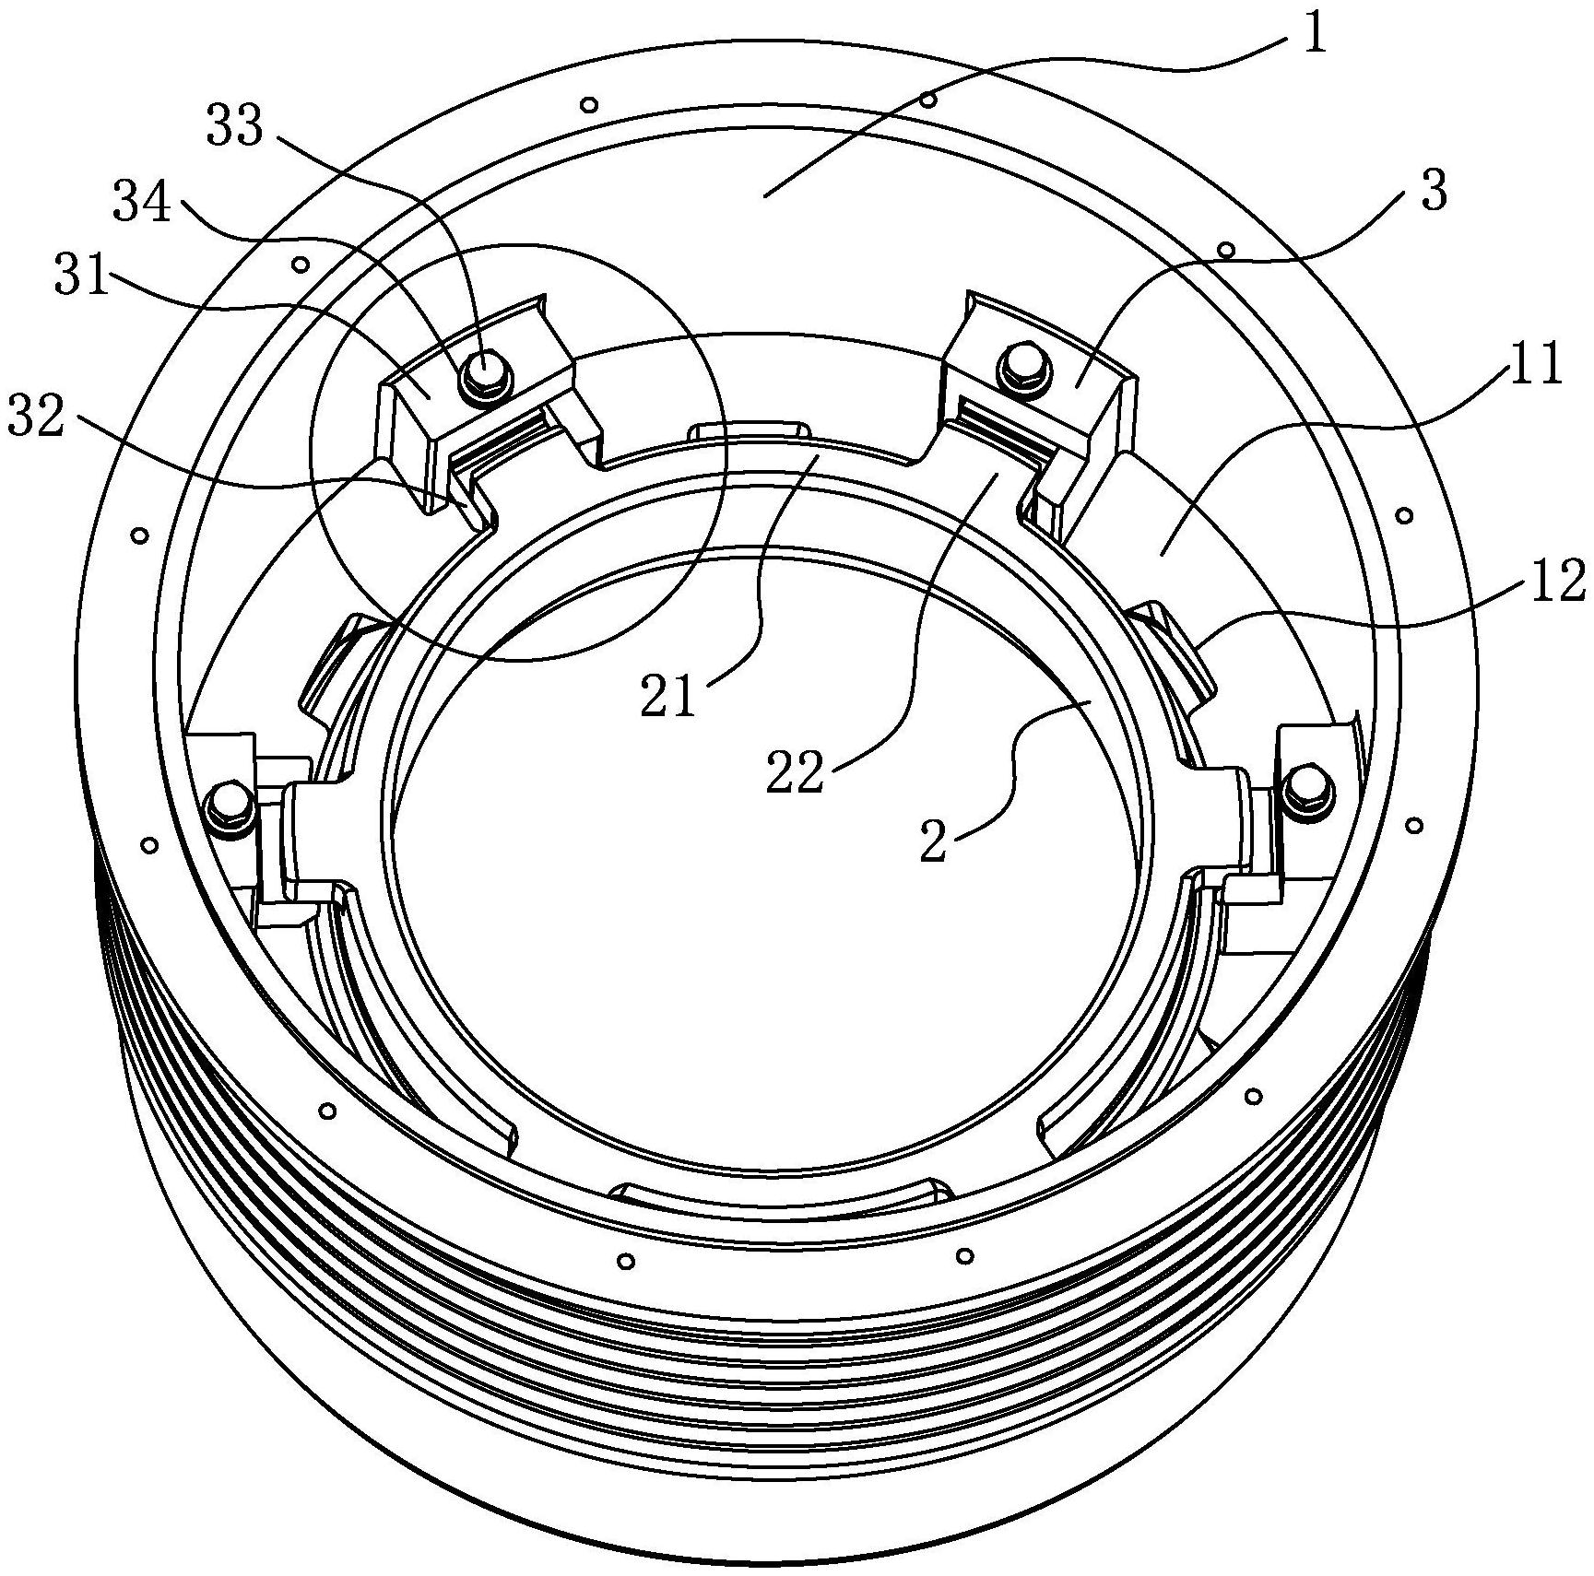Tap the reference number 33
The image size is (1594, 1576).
click(236, 126)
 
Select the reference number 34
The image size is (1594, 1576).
click(141, 203)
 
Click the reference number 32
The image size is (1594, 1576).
click(36, 419)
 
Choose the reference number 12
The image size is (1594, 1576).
click(1558, 582)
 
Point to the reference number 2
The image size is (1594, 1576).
click(935, 841)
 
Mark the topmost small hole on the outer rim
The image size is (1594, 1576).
click(928, 99)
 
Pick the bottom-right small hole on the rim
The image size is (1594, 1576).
click(965, 1255)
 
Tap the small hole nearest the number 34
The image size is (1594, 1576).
click(300, 265)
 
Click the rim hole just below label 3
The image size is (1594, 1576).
click(1226, 250)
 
